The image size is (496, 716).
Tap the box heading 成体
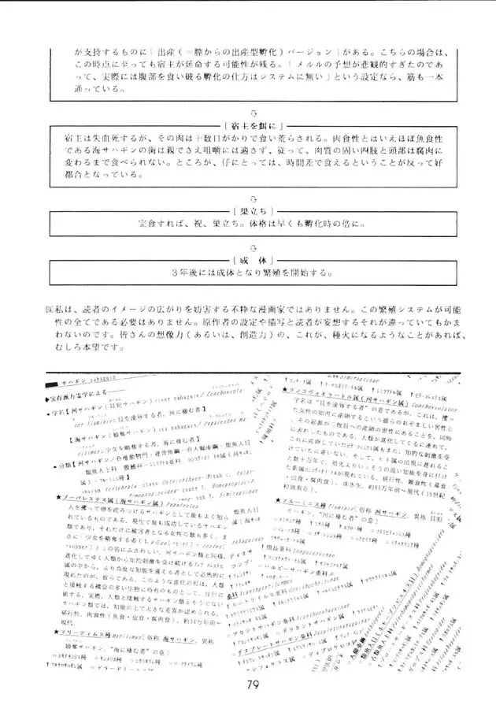coord(248,259)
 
